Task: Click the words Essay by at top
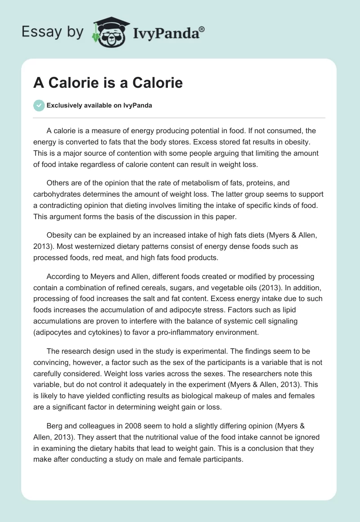(x=52, y=32)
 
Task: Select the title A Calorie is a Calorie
(x=108, y=83)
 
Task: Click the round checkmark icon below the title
(x=39, y=105)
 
